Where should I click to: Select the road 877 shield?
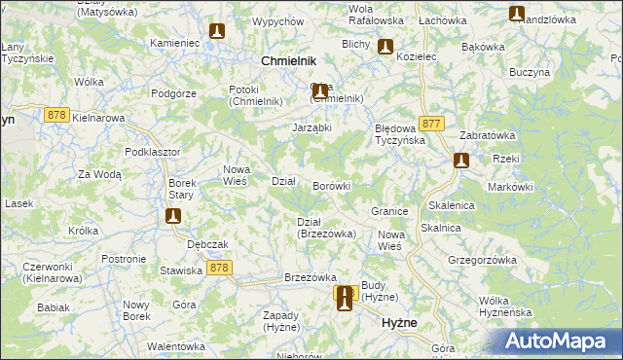coord(433,124)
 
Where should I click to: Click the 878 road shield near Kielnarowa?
coord(55,114)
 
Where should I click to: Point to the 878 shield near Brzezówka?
coord(220,268)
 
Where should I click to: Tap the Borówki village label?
coord(331,185)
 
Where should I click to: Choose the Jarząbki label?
coord(312,127)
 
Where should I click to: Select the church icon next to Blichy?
coord(385,46)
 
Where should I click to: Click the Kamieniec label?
coord(175,45)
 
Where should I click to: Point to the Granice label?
coord(388,211)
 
